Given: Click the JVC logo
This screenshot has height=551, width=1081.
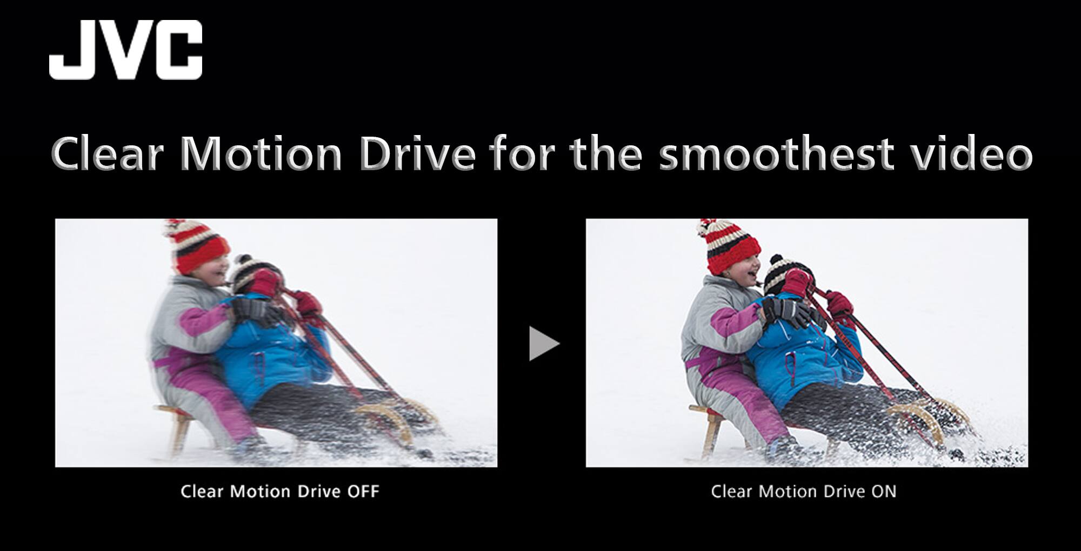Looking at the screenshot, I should pos(125,50).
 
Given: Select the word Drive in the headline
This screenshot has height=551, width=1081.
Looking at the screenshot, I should pos(417,154).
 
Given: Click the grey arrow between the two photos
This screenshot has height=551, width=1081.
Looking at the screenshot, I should pos(543,343).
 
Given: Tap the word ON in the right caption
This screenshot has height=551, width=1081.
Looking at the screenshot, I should pos(884,492).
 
